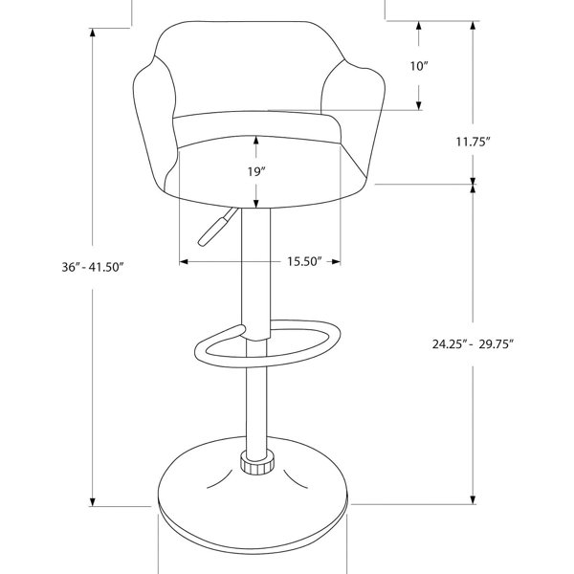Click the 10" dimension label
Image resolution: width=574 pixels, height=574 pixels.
coord(419,66)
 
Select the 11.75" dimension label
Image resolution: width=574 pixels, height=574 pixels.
coord(473,142)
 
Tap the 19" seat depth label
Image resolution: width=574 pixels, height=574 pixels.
coord(255,171)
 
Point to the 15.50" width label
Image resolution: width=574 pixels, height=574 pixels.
coord(304,261)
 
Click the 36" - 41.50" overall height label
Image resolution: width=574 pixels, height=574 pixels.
coord(92,267)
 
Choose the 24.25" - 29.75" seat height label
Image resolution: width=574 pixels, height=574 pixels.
coord(473,344)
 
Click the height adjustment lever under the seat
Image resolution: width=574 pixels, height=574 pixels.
coord(217,227)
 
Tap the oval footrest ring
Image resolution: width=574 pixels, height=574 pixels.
coord(268,361)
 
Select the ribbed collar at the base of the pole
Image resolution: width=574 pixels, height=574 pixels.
coord(257,463)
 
